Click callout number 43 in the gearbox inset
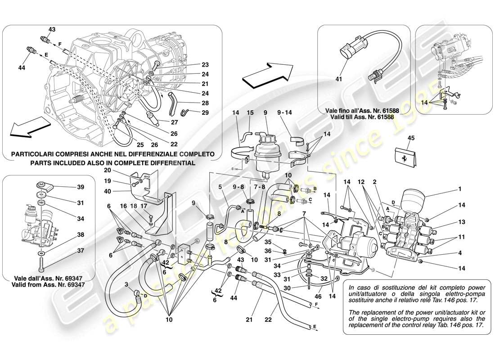click(52, 29)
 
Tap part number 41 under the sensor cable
click(339, 80)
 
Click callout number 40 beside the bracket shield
click(107, 192)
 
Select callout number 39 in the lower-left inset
click(80, 186)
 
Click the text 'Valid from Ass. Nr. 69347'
click(48, 285)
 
